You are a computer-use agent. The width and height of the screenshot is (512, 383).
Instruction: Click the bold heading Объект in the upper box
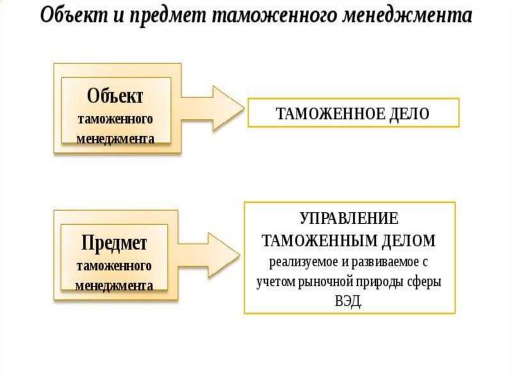coord(115,96)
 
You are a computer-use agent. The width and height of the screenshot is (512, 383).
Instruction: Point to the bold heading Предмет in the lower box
coord(114,244)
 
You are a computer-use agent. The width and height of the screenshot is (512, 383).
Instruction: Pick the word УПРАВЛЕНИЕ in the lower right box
coord(349,219)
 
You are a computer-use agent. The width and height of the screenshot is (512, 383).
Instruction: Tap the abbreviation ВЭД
coord(349,302)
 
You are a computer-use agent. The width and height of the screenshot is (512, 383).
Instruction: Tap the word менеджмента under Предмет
coord(114,287)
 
